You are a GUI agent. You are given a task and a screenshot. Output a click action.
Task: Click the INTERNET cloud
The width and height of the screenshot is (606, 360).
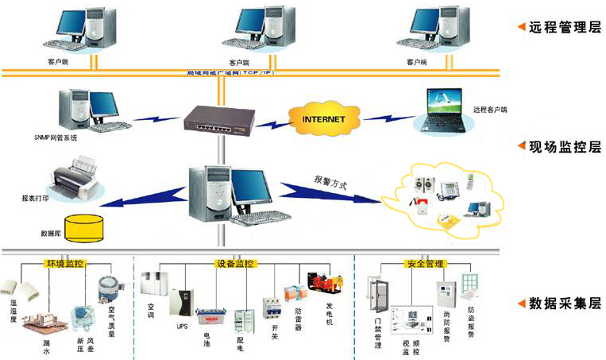[x=323, y=118]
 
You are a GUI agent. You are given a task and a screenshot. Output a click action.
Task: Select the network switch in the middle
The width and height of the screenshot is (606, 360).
[x=217, y=120]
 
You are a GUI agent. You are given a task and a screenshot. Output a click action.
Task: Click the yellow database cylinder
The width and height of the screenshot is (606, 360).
[x=83, y=227]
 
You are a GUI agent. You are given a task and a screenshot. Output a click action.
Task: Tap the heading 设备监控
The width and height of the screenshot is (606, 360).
[x=235, y=263]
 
